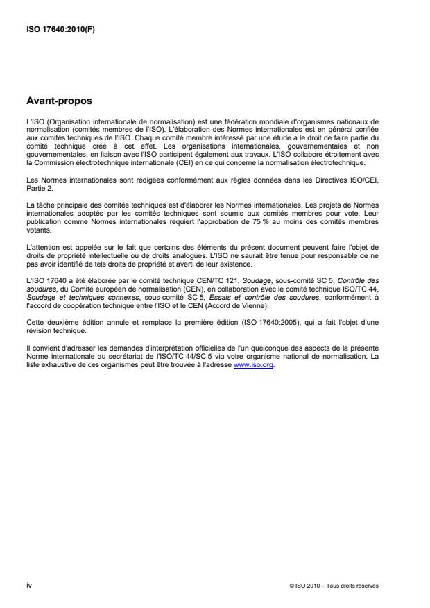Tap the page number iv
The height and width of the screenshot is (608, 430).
tap(28, 585)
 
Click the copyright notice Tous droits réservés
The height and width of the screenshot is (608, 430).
tap(351, 586)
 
